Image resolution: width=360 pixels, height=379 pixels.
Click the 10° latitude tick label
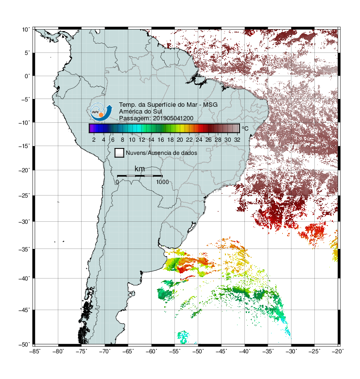(x=26, y=30)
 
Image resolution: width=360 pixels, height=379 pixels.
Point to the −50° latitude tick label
(x=24, y=345)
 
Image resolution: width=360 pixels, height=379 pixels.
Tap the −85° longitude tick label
(x=35, y=352)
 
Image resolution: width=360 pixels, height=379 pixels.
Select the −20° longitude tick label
(x=338, y=352)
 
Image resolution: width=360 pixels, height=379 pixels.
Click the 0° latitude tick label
(x=27, y=76)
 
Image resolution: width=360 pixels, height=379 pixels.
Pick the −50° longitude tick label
(x=198, y=352)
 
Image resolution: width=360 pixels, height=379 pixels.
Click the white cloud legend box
(x=120, y=153)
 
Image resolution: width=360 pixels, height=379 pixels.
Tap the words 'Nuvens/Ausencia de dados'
(x=161, y=153)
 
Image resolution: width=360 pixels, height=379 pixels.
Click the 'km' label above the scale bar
(x=139, y=169)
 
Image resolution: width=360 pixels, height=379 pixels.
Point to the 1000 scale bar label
(x=162, y=182)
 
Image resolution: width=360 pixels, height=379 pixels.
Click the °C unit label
(x=245, y=128)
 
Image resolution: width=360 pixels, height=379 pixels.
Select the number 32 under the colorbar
(x=237, y=140)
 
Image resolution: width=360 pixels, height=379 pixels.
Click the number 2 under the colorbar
(x=94, y=140)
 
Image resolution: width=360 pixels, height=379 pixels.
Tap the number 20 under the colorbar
(x=180, y=140)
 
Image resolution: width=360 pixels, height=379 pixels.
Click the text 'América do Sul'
(x=140, y=112)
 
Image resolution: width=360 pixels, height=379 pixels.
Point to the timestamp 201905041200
(x=173, y=118)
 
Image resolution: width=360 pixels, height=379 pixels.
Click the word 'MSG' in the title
(x=210, y=105)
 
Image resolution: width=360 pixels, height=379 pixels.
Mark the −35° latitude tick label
(x=24, y=249)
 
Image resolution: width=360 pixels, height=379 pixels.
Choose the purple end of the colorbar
(x=91, y=128)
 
